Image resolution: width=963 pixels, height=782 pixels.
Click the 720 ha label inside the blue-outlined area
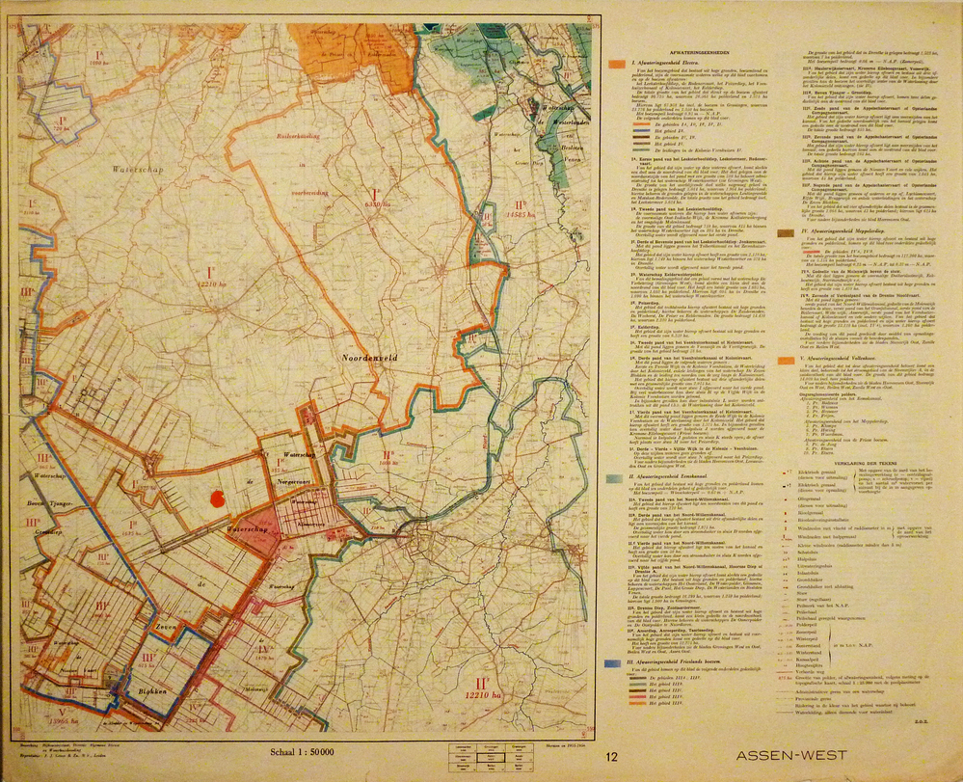click(x=60, y=127)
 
